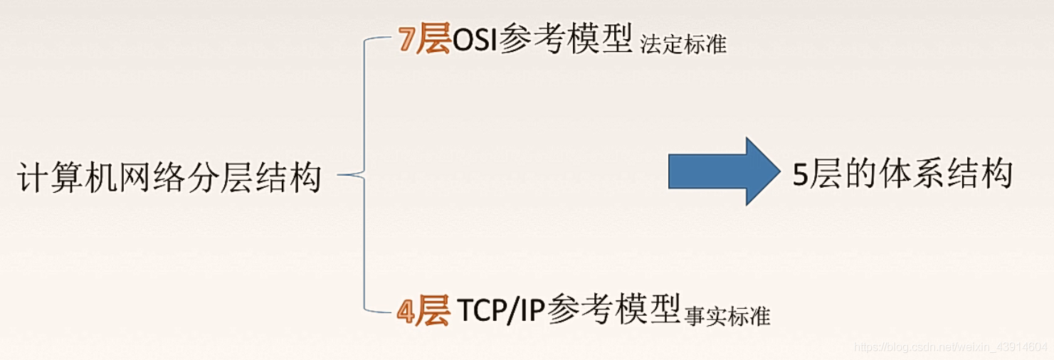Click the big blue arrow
click(x=722, y=172)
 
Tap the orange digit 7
click(x=406, y=41)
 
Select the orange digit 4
click(x=406, y=311)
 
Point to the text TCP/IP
click(x=502, y=311)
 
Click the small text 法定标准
click(x=683, y=45)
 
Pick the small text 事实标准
click(x=727, y=315)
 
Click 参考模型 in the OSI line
click(x=566, y=40)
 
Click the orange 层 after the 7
click(x=434, y=40)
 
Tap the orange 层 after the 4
click(x=433, y=311)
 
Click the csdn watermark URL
click(x=952, y=347)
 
